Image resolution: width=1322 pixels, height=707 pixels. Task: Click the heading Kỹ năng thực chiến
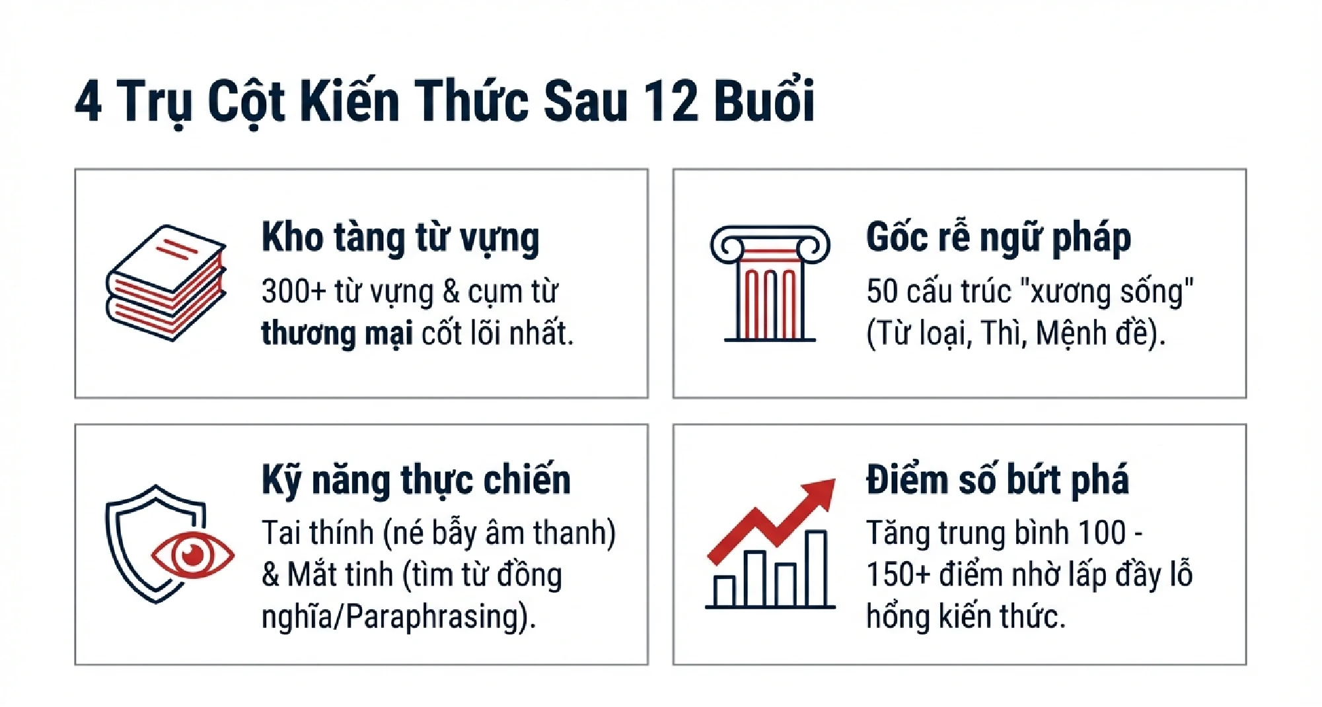[x=416, y=480]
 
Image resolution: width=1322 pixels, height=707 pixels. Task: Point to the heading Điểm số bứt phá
[x=998, y=480]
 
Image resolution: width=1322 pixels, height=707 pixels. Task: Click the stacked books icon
[x=166, y=283]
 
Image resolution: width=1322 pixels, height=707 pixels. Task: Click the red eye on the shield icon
[x=193, y=555]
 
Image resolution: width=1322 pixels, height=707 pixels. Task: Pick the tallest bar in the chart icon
[x=817, y=568]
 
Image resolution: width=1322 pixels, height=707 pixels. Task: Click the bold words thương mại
[x=337, y=333]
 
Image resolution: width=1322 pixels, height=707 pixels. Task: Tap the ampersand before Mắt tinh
[x=271, y=575]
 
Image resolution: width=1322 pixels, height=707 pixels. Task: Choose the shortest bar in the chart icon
[x=725, y=591]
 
